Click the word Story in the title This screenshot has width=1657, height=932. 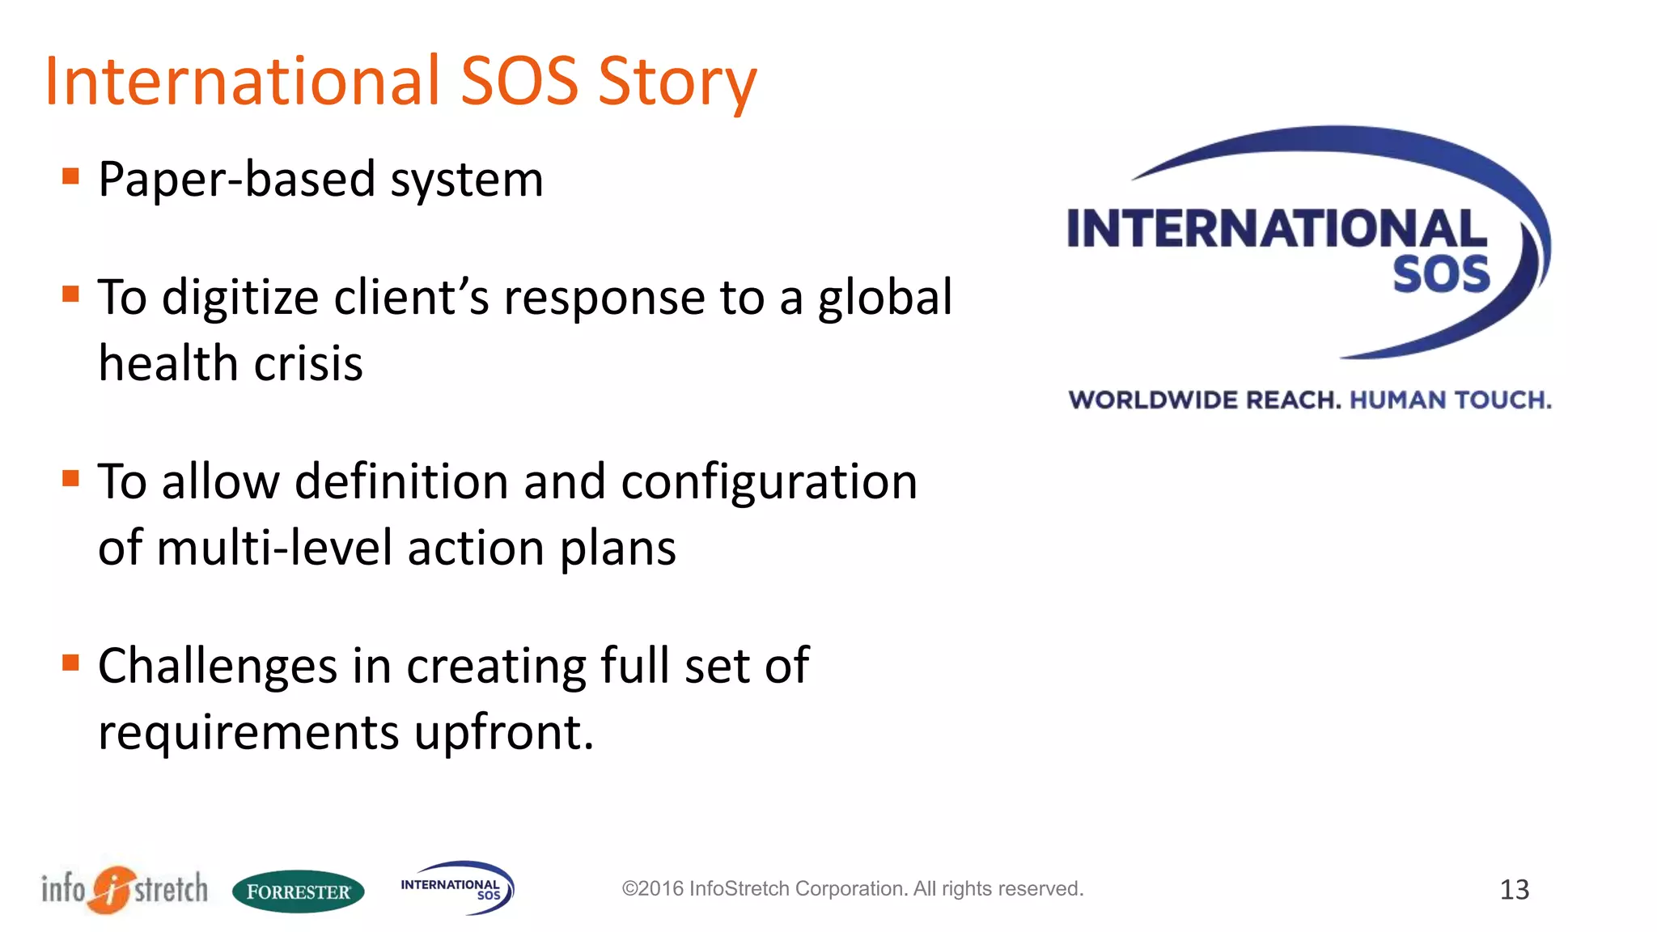pyautogui.click(x=676, y=83)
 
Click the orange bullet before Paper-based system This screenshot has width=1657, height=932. pyautogui.click(x=71, y=176)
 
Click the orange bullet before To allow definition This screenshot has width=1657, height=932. pyautogui.click(x=71, y=478)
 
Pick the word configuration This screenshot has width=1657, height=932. pyautogui.click(x=769, y=482)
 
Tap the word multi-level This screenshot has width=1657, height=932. pyautogui.click(x=273, y=549)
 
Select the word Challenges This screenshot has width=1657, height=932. pyautogui.click(x=217, y=667)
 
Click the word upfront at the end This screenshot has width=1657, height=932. pyautogui.click(x=502, y=733)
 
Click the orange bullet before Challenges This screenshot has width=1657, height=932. pyautogui.click(x=71, y=663)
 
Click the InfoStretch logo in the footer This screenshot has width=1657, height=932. pyautogui.click(x=125, y=889)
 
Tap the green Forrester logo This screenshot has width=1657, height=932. pyautogui.click(x=298, y=892)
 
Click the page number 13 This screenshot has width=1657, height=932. pyautogui.click(x=1514, y=890)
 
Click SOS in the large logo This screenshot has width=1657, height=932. pyautogui.click(x=1441, y=275)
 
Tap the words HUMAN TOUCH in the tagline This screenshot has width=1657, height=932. pyautogui.click(x=1450, y=400)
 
